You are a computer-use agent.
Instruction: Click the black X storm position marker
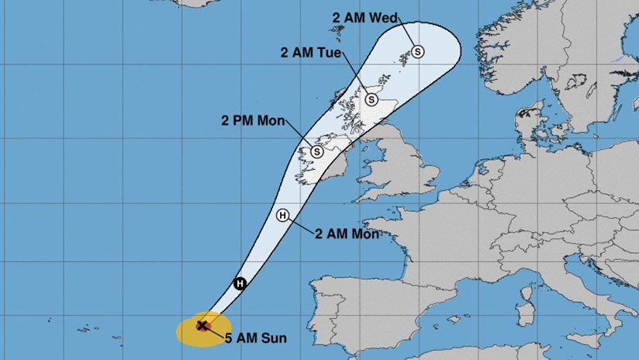point(202,326)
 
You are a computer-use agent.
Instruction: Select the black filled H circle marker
point(240,284)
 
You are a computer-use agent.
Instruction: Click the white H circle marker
point(282,216)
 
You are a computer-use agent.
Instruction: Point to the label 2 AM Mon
point(347,232)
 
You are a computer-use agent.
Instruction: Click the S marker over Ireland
point(317,152)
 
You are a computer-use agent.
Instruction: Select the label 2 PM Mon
point(252,120)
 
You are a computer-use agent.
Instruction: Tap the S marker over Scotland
point(371,99)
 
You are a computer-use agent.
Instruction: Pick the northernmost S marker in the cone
point(418,51)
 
